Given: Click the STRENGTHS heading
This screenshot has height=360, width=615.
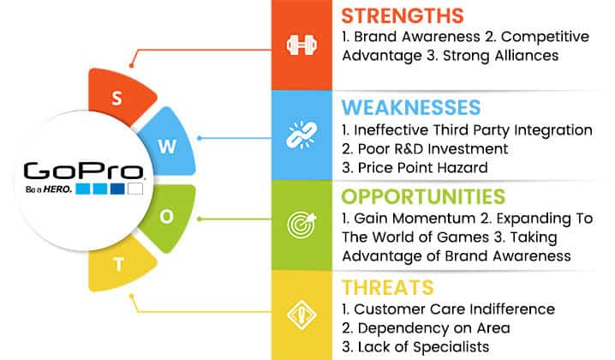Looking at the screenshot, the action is coord(403,16).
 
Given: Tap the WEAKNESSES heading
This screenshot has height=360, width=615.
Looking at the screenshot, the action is coord(411,107).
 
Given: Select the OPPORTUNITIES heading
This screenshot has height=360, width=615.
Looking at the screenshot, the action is coord(423,196).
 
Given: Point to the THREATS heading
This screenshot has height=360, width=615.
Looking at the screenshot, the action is coord(387,288).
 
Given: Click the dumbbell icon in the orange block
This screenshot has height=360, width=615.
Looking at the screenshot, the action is coord(302,45).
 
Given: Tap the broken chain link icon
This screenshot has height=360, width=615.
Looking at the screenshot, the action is coord(302,135).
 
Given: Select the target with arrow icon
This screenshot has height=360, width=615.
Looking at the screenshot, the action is coord(302,225).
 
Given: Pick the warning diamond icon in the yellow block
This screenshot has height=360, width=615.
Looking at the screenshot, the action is coord(302,315).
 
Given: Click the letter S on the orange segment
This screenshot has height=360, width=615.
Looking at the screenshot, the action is coord(116,99).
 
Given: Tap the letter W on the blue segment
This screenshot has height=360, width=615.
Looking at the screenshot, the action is coord(168,147).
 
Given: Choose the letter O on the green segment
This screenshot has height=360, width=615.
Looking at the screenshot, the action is coord(167,216).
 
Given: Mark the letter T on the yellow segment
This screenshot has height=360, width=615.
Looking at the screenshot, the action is coord(118,265).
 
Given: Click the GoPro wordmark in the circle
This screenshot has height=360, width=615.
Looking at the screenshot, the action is coord(84,171).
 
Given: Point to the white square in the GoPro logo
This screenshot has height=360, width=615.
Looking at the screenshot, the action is coord(135,189).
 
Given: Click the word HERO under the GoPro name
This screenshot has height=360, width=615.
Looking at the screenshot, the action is coord(57,189).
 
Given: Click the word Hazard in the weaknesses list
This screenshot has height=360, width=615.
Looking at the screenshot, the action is coord(463,168).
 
